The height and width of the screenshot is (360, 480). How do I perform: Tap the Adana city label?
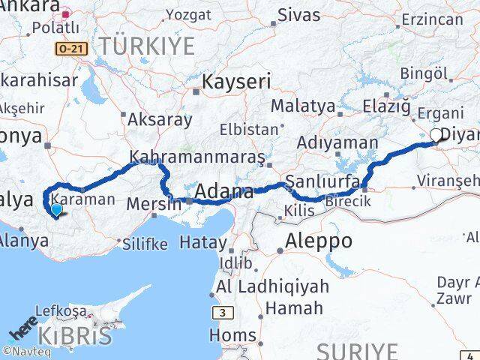224,192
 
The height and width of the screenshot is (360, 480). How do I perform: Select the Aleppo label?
319,241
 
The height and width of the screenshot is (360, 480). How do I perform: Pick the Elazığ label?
387,106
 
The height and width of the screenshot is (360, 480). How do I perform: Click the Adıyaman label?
337,142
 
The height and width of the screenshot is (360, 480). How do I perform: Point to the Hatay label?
200,243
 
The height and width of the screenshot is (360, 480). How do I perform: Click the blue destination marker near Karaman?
56,211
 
